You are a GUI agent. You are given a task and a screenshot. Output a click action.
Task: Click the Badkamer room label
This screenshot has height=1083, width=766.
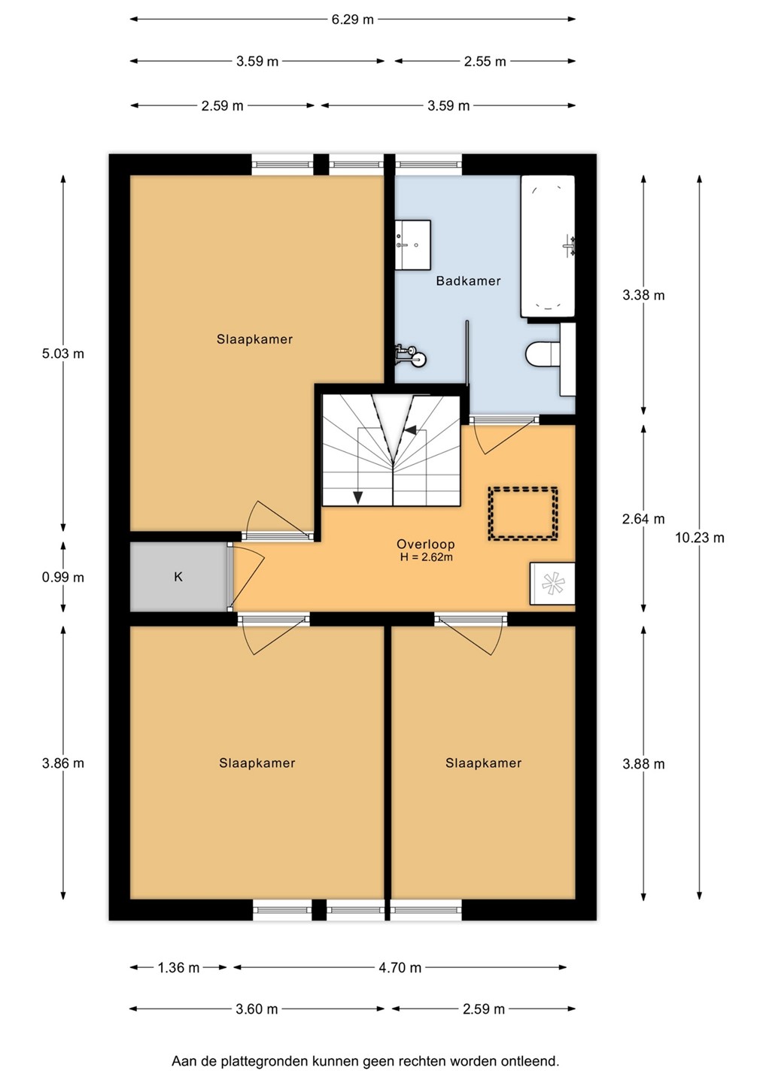pos(468,281)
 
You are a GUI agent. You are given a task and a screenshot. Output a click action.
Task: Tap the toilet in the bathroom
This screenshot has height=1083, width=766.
pos(543,354)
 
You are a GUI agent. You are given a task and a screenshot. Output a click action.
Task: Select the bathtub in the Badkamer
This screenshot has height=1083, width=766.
pos(548,246)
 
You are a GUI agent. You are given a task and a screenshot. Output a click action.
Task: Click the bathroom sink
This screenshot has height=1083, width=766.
pos(412,245)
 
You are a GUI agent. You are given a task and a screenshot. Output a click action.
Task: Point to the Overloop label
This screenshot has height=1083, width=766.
pos(426,544)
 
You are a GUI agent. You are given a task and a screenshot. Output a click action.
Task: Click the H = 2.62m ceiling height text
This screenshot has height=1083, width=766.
pos(426,557)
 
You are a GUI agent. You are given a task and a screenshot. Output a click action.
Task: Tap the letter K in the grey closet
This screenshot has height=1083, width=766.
pos(178,577)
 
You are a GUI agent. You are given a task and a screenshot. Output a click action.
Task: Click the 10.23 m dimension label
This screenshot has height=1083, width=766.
pos(699,538)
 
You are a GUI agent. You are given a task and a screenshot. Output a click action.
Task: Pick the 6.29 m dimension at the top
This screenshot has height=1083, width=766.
pos(353,20)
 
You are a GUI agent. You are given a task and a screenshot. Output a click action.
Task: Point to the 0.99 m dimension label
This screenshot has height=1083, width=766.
pos(63,578)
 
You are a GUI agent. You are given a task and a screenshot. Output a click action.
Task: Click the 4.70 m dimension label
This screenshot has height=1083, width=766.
pos(400,967)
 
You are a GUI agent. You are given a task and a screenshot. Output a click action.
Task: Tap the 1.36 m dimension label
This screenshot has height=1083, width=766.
pos(178,967)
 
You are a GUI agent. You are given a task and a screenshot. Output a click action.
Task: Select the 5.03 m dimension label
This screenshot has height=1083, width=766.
pos(63,354)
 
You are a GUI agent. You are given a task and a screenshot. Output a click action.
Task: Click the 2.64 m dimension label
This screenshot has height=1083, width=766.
pos(643,519)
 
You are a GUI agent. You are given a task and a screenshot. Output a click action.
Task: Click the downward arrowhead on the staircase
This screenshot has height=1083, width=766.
pos(358,498)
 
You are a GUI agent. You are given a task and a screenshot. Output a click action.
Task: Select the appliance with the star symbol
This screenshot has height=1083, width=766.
pos(552,584)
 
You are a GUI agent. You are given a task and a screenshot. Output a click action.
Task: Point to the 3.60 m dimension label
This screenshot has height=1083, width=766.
pos(257,1009)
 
